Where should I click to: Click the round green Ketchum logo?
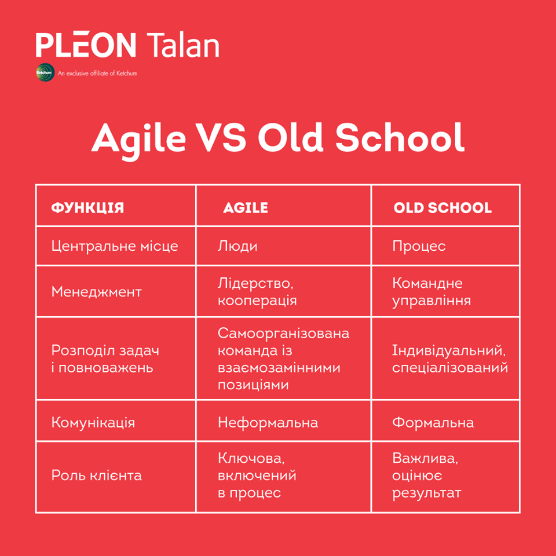pos(45,72)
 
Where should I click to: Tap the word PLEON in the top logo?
pos(86,45)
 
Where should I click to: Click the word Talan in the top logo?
pos(183,45)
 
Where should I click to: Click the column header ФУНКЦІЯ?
pos(87,208)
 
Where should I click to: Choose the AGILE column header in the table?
pos(246,208)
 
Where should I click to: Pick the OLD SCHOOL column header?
pos(442,208)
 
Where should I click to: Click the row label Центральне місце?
pos(115,246)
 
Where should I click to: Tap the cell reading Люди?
pos(237,246)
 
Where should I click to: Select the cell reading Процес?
pos(419,246)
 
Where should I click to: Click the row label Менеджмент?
pos(97,292)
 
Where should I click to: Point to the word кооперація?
pos(257,301)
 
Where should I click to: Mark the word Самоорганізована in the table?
pos(283,334)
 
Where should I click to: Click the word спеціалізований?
pos(450,368)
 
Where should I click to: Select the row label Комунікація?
pos(93,423)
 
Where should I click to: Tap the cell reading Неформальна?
pos(268,423)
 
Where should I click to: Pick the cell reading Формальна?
pos(433,423)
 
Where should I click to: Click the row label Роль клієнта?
pos(97,475)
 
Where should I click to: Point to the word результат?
pos(427,493)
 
